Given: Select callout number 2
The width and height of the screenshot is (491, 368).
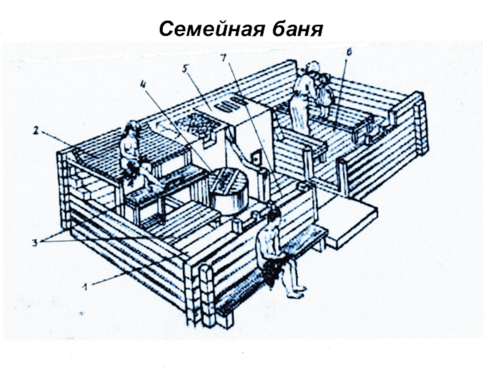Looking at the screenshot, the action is [36, 130].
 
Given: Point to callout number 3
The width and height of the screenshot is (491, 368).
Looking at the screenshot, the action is [35, 242].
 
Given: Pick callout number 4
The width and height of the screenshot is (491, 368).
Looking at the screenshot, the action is [143, 86].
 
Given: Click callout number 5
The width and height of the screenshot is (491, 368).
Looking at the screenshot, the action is [185, 68].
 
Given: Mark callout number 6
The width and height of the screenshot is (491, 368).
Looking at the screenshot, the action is [349, 53].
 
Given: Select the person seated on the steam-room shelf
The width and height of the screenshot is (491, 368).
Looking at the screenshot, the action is [133, 153].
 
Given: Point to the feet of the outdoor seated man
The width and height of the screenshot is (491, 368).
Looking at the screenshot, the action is [298, 287].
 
